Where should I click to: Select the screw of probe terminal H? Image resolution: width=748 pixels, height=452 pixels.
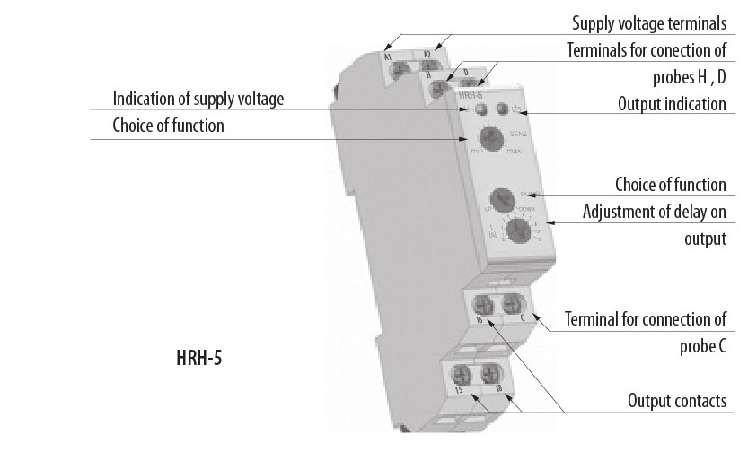pos(439,89)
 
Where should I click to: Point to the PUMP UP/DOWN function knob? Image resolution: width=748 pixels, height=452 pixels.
pos(500,201)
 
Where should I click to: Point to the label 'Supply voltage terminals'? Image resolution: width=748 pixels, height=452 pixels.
pos(648,23)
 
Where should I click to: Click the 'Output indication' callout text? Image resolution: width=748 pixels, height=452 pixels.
pos(671,105)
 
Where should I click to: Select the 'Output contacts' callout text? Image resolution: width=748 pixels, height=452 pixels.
pos(676,401)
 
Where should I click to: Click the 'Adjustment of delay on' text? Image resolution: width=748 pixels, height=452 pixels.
pos(654,213)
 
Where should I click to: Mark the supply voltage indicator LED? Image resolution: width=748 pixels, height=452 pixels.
pos(481,110)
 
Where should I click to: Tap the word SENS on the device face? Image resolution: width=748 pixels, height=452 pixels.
pos(518,134)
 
